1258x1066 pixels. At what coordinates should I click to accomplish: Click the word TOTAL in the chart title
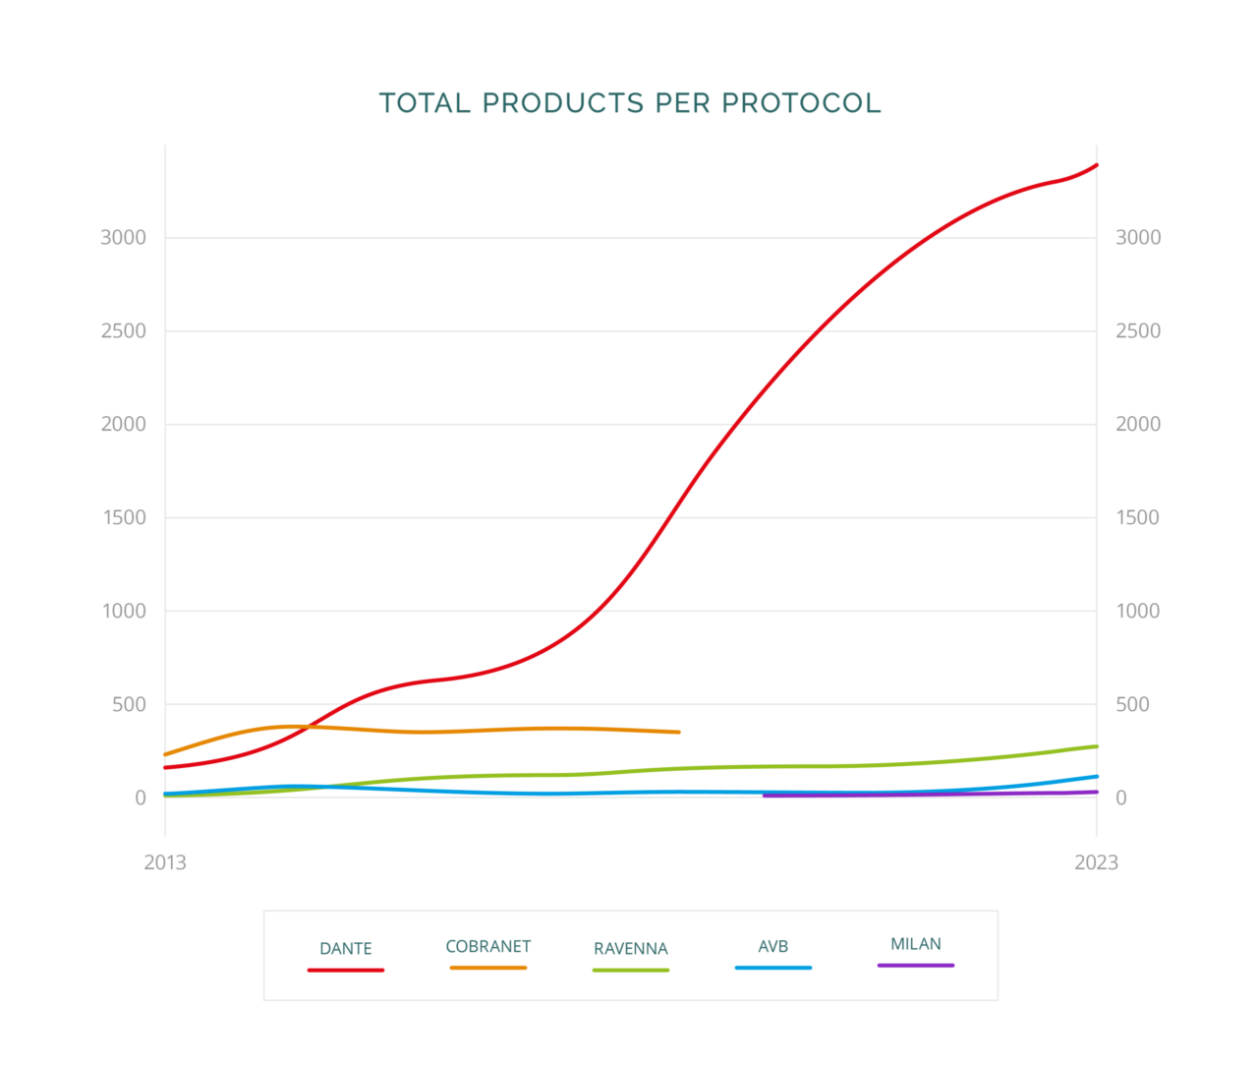click(425, 103)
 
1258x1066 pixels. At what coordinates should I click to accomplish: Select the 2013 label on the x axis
click(165, 862)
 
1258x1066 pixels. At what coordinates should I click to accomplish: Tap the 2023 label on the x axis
click(1096, 862)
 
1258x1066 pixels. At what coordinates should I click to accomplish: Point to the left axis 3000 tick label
click(123, 237)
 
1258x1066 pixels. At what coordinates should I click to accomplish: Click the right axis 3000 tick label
click(1138, 237)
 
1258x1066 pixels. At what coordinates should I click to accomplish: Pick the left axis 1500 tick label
click(124, 517)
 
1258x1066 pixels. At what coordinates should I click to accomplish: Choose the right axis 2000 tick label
click(1138, 424)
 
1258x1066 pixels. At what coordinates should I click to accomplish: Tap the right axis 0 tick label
click(1120, 798)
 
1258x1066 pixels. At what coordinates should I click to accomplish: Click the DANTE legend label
click(346, 949)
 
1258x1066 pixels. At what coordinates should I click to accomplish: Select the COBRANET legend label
click(488, 946)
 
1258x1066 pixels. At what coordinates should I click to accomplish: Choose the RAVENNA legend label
click(631, 949)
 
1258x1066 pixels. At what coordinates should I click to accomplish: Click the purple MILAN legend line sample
click(916, 966)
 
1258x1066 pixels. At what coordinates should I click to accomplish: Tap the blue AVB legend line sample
click(773, 968)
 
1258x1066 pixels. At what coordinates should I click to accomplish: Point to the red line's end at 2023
click(1096, 165)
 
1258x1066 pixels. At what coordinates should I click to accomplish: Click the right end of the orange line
click(678, 732)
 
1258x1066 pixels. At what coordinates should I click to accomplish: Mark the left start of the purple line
click(765, 795)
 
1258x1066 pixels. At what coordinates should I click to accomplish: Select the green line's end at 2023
click(1096, 746)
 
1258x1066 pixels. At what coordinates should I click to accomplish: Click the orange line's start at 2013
click(166, 754)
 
